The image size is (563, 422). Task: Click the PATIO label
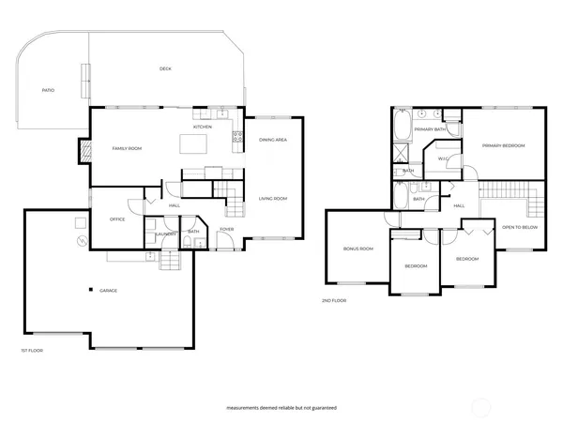click(48, 90)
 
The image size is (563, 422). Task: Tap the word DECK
click(165, 68)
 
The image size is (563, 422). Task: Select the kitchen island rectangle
click(193, 143)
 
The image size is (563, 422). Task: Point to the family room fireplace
click(84, 150)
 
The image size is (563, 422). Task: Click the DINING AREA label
click(272, 140)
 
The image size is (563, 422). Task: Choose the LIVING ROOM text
click(273, 198)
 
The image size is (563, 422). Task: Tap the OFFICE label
click(117, 219)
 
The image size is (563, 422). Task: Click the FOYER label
click(226, 229)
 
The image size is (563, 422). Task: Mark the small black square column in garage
click(91, 289)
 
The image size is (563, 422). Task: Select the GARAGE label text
click(109, 291)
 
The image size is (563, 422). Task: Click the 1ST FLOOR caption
click(32, 350)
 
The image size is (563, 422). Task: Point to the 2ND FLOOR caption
click(334, 300)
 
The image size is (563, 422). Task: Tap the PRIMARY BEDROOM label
click(503, 145)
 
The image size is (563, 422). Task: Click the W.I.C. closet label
click(443, 158)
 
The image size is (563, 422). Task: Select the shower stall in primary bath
click(402, 154)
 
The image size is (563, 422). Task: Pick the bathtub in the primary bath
click(402, 125)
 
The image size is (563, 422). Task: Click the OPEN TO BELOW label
click(519, 228)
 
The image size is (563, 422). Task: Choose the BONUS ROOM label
click(358, 249)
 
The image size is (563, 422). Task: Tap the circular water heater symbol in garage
click(82, 240)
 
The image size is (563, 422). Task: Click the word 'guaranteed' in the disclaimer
click(321, 409)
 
